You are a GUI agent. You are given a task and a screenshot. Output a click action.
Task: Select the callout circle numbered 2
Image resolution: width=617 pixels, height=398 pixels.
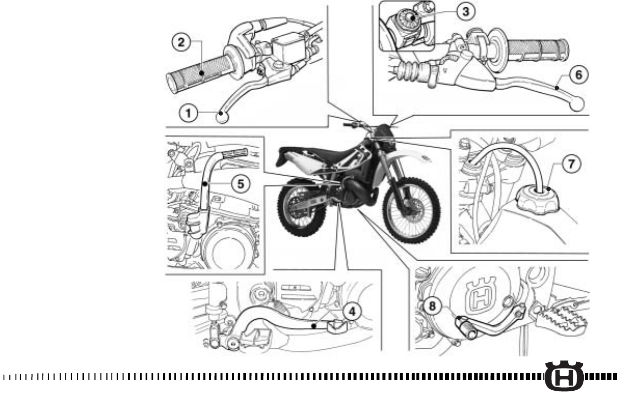181,43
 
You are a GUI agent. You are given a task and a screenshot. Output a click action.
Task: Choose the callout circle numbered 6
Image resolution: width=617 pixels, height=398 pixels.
581,74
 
